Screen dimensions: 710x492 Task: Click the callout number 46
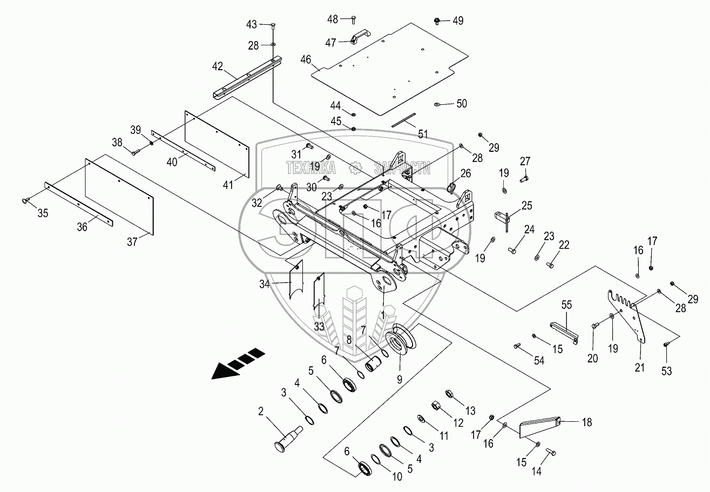(306, 59)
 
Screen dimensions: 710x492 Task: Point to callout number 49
(458, 21)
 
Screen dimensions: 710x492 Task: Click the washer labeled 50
(437, 104)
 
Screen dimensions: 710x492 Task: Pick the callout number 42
(218, 66)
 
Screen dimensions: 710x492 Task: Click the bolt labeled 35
(26, 200)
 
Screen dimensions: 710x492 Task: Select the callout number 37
(132, 242)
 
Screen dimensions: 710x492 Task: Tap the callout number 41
(228, 185)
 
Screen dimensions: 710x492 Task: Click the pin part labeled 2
(288, 439)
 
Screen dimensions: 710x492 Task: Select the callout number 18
(587, 422)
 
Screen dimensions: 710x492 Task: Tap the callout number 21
(639, 367)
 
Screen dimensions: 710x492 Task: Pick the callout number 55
(566, 305)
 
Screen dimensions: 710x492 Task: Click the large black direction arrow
(238, 363)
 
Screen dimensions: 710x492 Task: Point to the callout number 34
(265, 284)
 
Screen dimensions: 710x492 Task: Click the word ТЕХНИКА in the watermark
(311, 167)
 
